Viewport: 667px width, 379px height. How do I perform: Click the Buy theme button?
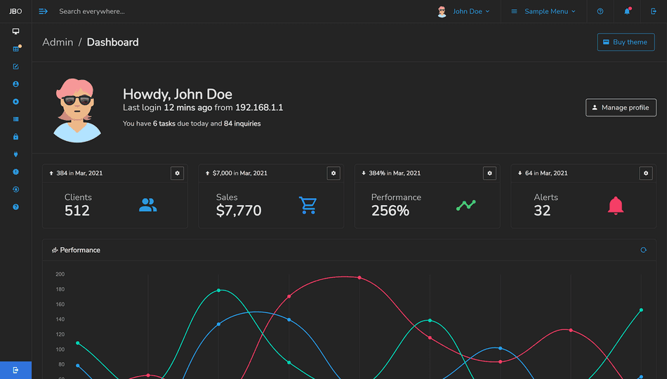point(626,42)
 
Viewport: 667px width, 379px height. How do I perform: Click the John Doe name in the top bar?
point(467,11)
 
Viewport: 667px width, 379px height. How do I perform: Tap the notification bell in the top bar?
point(627,11)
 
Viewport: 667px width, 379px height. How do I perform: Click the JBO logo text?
point(15,11)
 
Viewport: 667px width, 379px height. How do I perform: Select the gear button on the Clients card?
point(177,173)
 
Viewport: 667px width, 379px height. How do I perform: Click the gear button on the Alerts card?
point(646,173)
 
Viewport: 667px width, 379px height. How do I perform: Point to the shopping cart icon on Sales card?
point(308,205)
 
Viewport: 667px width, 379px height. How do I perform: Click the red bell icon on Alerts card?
point(616,205)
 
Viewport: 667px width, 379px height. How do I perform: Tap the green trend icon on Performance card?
point(465,205)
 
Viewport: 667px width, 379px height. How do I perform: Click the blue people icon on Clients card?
point(147,205)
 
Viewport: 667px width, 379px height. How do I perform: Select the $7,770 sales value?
point(239,211)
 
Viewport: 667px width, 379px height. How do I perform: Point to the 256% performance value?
point(390,211)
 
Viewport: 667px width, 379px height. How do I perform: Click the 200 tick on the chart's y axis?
point(60,274)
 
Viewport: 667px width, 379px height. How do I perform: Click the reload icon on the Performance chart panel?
point(643,250)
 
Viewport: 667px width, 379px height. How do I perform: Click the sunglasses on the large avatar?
point(77,100)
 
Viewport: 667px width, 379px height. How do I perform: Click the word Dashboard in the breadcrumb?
point(112,42)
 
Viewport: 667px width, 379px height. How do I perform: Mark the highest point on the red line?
point(359,277)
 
